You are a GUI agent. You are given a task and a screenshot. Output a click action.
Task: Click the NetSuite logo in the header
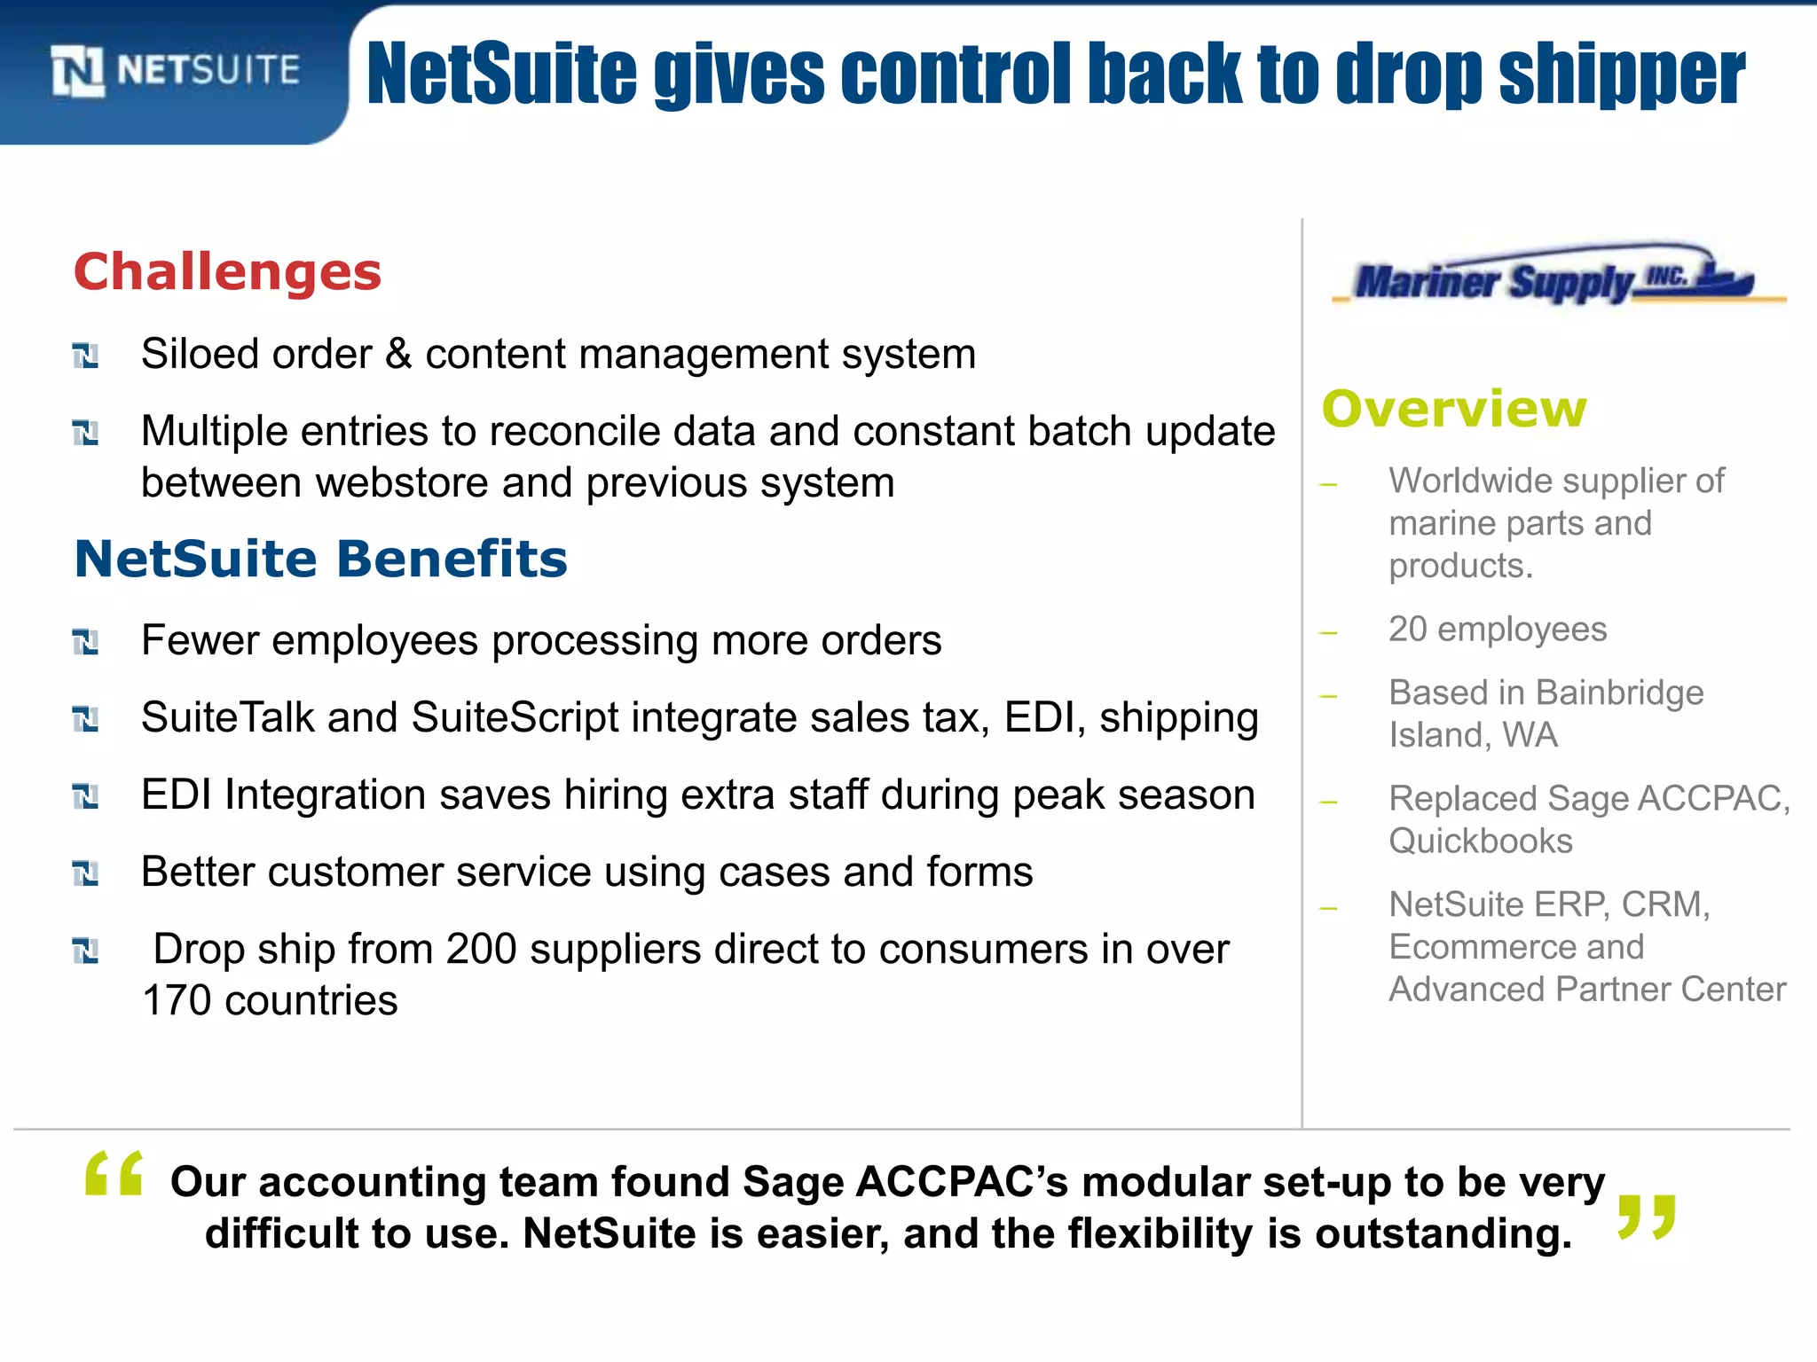pyautogui.click(x=175, y=70)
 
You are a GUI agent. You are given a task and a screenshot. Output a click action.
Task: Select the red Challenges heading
pyautogui.click(x=227, y=271)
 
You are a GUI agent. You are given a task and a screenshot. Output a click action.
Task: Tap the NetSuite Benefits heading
pyautogui.click(x=320, y=559)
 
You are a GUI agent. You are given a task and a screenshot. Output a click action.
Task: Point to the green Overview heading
pyautogui.click(x=1453, y=409)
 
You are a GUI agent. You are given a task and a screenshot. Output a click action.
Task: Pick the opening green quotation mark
pyautogui.click(x=114, y=1174)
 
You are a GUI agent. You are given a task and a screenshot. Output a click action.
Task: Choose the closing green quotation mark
pyautogui.click(x=1646, y=1217)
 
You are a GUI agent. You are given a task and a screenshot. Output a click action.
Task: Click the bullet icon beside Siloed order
pyautogui.click(x=85, y=356)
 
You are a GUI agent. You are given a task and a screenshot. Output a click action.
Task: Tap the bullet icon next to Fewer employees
pyautogui.click(x=85, y=642)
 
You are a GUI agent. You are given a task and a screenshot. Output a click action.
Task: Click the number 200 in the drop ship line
pyautogui.click(x=481, y=950)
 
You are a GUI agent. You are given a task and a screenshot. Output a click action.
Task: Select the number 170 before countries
pyautogui.click(x=177, y=1001)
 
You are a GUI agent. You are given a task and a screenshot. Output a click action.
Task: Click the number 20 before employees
pyautogui.click(x=1407, y=630)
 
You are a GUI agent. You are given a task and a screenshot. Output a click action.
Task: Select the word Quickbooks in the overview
pyautogui.click(x=1480, y=841)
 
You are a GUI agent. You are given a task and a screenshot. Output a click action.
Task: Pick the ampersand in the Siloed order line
pyautogui.click(x=398, y=355)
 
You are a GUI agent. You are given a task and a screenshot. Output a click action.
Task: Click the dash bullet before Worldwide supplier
pyautogui.click(x=1328, y=484)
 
